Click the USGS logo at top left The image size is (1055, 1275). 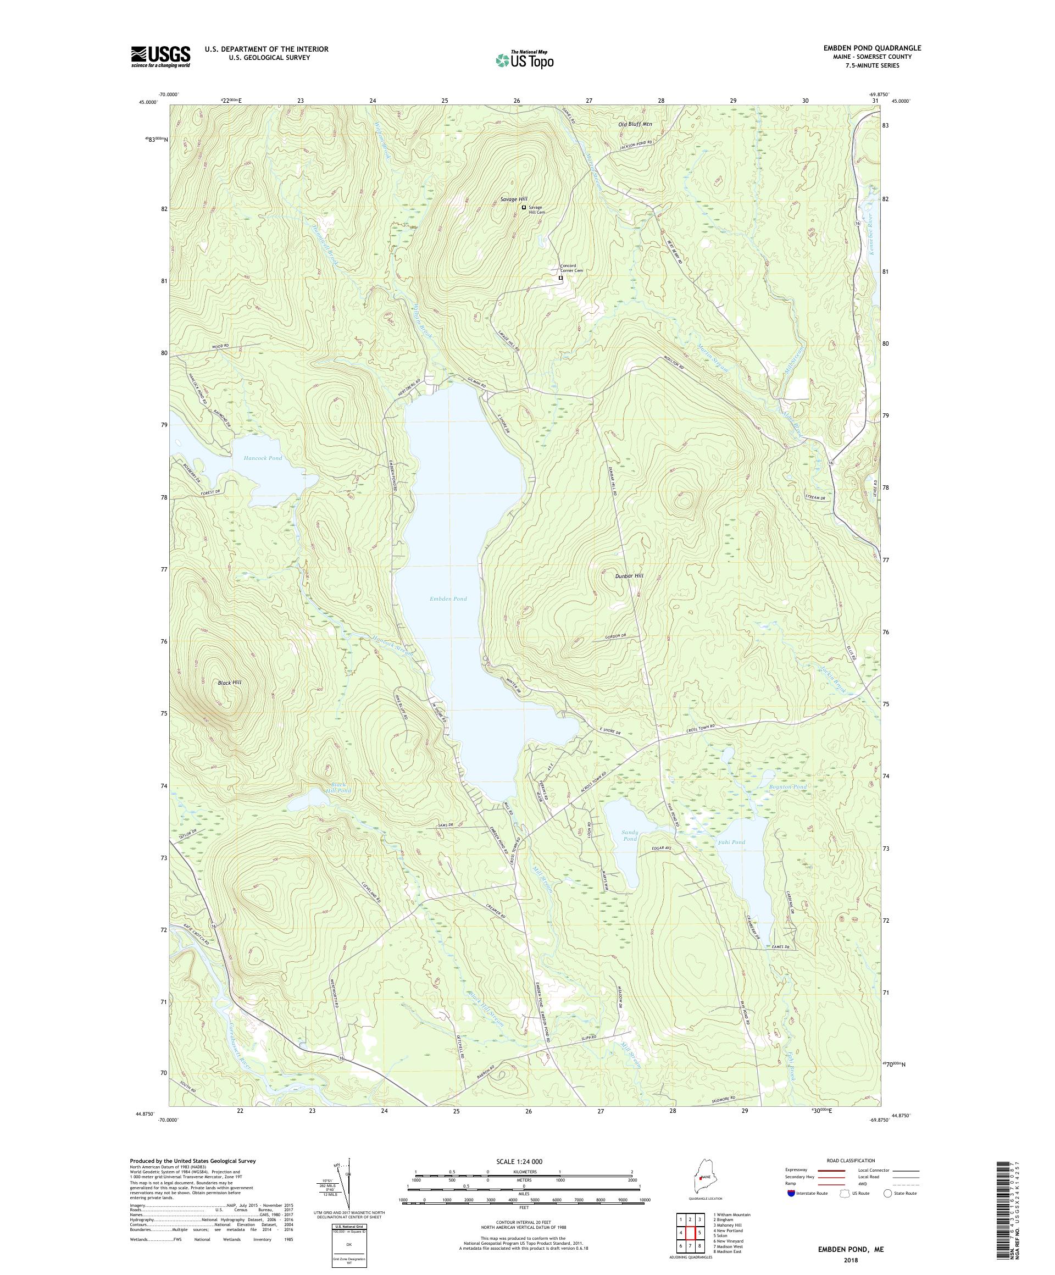[x=160, y=57]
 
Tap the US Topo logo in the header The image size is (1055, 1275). [x=524, y=59]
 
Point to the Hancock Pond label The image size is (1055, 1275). [x=262, y=458]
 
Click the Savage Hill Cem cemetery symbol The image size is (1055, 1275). [x=524, y=208]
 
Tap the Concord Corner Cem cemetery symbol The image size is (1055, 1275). [x=560, y=279]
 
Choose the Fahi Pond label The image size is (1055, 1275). [x=731, y=842]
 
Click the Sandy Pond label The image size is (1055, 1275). [x=630, y=835]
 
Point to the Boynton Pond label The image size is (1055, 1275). [x=787, y=787]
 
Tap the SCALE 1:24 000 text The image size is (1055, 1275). [x=523, y=1161]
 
